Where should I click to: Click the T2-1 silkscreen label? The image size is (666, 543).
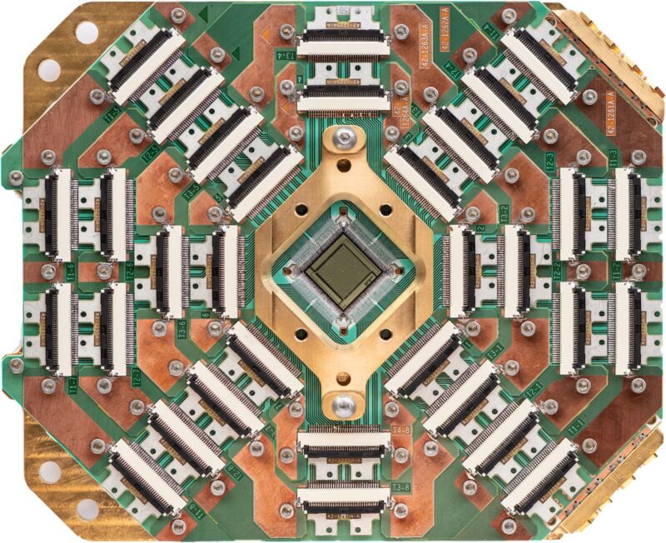click(532, 388)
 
